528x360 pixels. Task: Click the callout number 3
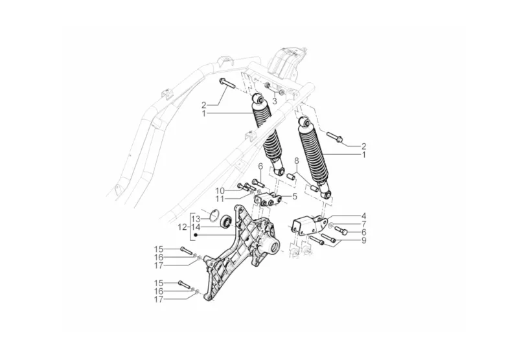(x=274, y=102)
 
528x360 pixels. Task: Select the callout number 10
(x=220, y=190)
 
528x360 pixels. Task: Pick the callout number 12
(x=183, y=227)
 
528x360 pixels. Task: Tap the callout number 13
(x=196, y=219)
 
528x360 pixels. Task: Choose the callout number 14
(x=196, y=227)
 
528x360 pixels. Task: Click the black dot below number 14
(x=196, y=235)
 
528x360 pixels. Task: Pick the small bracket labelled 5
(x=268, y=201)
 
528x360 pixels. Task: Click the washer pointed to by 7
(x=331, y=226)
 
